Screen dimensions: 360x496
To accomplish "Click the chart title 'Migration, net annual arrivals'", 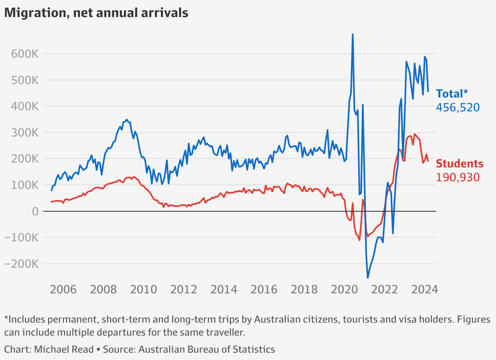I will point(96,13).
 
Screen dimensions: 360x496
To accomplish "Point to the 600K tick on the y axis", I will point(24,54).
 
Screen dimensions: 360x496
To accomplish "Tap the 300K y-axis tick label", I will point(24,133).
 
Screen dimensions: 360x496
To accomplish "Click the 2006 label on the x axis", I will point(63,290).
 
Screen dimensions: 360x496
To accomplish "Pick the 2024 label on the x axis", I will point(424,290).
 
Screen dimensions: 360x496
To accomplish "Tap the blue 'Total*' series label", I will point(449,94).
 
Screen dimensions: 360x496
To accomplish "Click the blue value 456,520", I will point(458,108).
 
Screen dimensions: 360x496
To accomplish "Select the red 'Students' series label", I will point(459,164).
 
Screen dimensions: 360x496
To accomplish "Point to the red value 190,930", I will point(458,178).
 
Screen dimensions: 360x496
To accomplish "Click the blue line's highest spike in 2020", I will point(352,35).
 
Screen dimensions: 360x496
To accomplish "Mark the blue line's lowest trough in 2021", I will point(368,278).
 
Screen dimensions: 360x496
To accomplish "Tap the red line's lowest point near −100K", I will point(359,240).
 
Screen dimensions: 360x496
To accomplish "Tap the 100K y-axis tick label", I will point(24,185).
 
